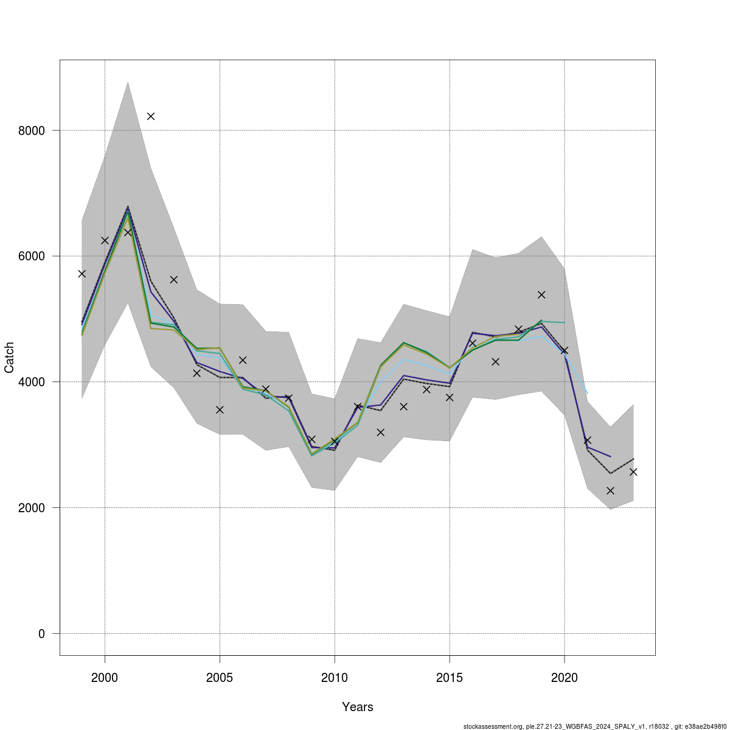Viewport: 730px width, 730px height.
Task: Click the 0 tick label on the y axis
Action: [x=41, y=634]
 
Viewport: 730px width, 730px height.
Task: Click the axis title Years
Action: [x=358, y=707]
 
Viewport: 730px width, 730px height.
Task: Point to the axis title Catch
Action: [x=10, y=357]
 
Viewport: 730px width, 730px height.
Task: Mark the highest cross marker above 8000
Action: [x=151, y=116]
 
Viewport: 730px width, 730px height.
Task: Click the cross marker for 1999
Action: [x=82, y=274]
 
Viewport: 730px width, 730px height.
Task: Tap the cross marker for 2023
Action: [x=633, y=472]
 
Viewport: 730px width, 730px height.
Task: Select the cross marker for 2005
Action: [x=220, y=410]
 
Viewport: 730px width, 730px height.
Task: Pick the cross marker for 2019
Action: [x=541, y=294]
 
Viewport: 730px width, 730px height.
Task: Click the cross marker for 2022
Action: [x=610, y=490]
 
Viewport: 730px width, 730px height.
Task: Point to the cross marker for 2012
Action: [x=381, y=433]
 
